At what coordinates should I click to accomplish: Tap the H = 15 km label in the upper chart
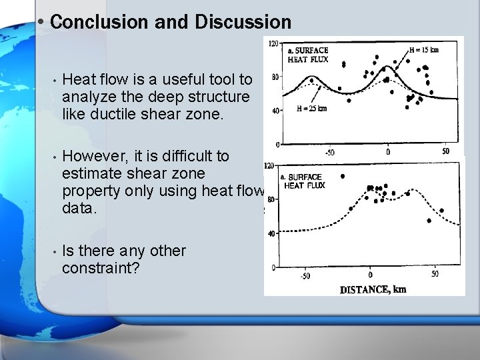(x=425, y=49)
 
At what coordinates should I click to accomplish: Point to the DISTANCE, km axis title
(x=373, y=289)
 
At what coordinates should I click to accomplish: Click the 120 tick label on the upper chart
(x=273, y=44)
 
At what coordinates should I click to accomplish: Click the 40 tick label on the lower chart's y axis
(x=271, y=233)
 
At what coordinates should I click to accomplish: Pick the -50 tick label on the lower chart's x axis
(x=305, y=275)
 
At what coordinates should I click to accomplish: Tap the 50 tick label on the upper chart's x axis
(x=445, y=152)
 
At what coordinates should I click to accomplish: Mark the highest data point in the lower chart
(x=343, y=177)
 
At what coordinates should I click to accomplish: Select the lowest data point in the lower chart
(x=429, y=221)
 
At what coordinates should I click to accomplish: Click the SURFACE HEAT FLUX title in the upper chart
(x=307, y=55)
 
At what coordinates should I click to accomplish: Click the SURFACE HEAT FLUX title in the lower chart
(x=305, y=181)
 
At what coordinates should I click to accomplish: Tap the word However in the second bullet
(x=94, y=157)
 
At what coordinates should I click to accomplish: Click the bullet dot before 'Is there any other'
(x=53, y=252)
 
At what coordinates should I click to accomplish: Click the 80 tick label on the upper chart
(x=275, y=77)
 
